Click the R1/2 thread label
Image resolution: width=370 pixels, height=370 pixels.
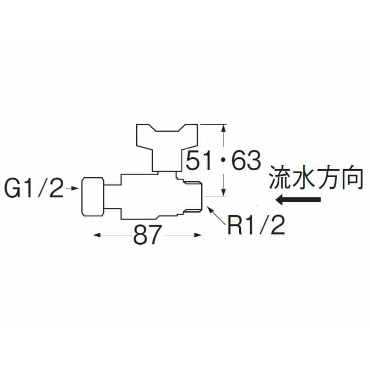point(256,225)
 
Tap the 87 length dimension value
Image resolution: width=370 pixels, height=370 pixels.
point(148,234)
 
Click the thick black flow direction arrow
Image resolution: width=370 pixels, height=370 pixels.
point(298,200)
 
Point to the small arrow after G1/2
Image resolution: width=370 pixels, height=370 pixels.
point(72,188)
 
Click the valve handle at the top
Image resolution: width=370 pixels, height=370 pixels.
point(167,148)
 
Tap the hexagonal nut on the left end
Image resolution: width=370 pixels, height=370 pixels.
point(93,196)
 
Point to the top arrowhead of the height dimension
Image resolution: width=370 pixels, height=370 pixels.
point(224,129)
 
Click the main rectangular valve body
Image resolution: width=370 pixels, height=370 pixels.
point(148,196)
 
